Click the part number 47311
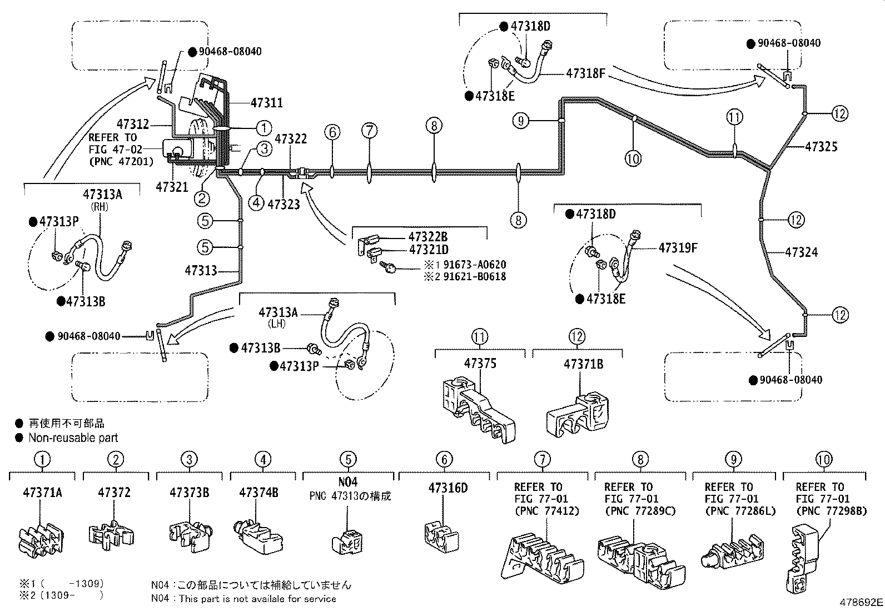coord(266,103)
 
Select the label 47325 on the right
coord(821,147)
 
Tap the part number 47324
coord(802,252)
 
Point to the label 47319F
coord(678,247)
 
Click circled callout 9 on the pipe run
coord(520,121)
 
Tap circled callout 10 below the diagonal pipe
coord(633,159)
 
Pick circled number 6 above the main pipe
coord(332,132)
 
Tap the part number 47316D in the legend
coord(448,488)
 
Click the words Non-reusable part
coord(73,438)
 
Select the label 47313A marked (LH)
coord(278,312)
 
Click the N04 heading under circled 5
coord(348,482)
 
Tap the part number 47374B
coord(258,493)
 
